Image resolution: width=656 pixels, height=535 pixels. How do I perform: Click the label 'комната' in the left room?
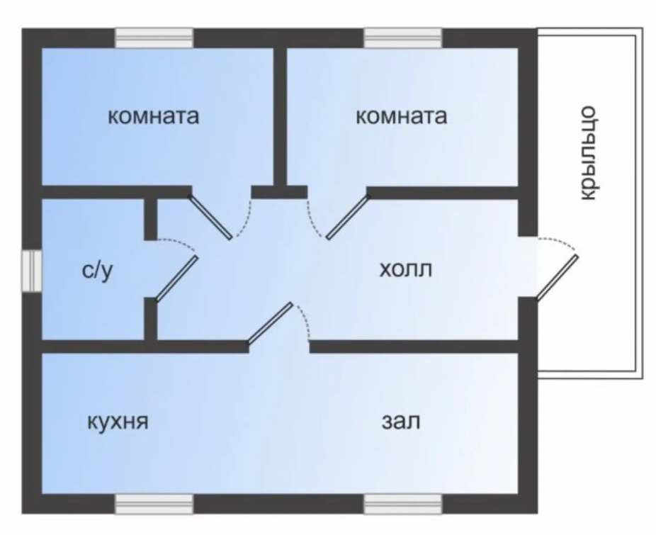click(x=154, y=116)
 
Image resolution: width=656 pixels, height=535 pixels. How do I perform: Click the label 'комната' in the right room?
click(x=401, y=116)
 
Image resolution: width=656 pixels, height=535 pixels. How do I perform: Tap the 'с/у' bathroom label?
click(x=98, y=271)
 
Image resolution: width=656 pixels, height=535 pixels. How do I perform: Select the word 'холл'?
click(x=405, y=269)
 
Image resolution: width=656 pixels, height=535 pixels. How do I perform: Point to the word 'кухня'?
click(x=118, y=422)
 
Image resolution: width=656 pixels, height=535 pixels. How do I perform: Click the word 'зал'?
click(x=401, y=421)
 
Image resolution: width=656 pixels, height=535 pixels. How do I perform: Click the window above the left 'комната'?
click(x=154, y=38)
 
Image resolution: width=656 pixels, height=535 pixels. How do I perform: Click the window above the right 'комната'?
click(x=402, y=38)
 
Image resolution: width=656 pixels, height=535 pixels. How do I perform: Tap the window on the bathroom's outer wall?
click(x=32, y=271)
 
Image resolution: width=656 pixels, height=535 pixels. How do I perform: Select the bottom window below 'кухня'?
click(x=154, y=504)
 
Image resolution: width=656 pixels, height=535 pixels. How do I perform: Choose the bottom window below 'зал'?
click(x=402, y=504)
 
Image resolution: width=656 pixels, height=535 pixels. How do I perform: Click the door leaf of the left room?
click(x=210, y=217)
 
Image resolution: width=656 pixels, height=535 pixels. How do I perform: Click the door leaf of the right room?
click(x=348, y=217)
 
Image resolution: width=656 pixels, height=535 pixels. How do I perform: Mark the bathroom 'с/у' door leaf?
click(x=176, y=278)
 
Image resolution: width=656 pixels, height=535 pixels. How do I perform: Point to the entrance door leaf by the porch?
click(x=558, y=278)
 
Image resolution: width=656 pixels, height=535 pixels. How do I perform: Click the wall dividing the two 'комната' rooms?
click(x=280, y=116)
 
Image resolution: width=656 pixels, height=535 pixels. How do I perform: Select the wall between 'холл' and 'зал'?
click(x=414, y=347)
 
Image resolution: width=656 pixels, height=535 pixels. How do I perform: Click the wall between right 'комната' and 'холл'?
click(x=443, y=193)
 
